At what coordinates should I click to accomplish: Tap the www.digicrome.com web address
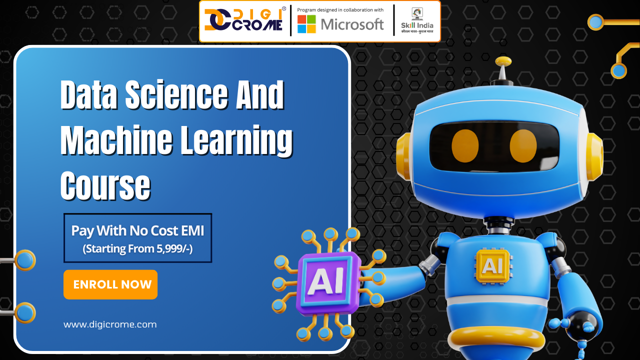click(110, 324)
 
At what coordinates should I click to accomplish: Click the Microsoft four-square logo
click(306, 24)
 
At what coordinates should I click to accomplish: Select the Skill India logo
click(417, 21)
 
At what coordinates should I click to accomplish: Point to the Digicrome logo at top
click(244, 21)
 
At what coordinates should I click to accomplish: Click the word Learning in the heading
click(235, 141)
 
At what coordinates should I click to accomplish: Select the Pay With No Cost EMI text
click(137, 230)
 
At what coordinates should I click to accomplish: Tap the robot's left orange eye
click(465, 145)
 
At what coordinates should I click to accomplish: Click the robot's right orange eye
click(523, 145)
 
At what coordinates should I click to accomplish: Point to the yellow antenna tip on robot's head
click(503, 61)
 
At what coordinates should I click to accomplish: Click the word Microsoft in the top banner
click(352, 24)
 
